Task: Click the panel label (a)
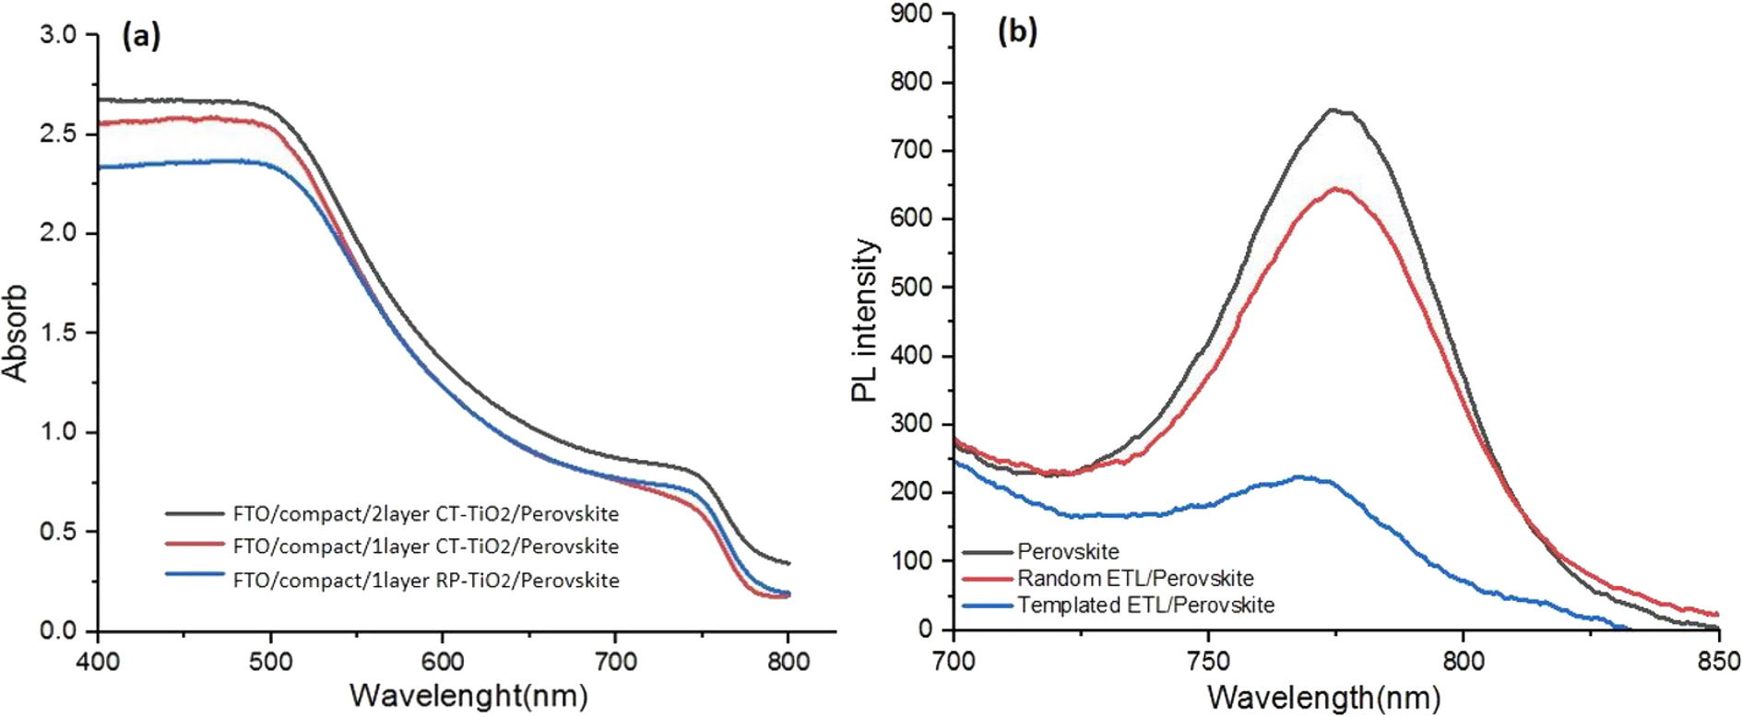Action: (141, 36)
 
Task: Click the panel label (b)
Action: (1017, 32)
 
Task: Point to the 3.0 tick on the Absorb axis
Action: (57, 35)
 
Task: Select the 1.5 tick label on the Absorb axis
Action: (57, 333)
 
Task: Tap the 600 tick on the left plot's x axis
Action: (443, 661)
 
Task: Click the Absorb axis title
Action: (16, 333)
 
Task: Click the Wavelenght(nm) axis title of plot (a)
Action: (468, 695)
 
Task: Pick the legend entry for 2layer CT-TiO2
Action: (425, 513)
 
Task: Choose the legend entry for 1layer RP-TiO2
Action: (425, 581)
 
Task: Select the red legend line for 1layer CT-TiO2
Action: (195, 546)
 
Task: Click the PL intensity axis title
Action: (864, 321)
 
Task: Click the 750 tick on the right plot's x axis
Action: (1208, 661)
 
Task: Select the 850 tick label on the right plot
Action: (1717, 661)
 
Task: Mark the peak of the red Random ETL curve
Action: (1335, 189)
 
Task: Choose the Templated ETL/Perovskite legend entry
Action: (1145, 605)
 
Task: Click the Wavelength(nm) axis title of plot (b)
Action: (1323, 698)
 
